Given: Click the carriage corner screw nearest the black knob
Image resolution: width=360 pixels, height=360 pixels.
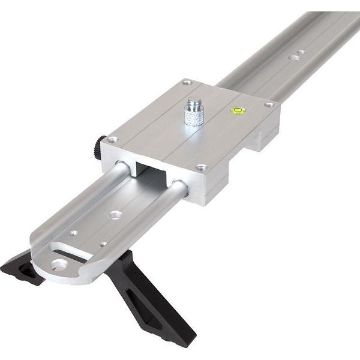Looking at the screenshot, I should pyautogui.click(x=112, y=140).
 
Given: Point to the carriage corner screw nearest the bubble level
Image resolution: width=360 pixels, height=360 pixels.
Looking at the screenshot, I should pyautogui.click(x=269, y=104).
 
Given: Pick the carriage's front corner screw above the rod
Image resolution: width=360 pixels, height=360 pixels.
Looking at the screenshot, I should pyautogui.click(x=201, y=167).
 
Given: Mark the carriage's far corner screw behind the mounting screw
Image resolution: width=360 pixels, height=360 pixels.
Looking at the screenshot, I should pyautogui.click(x=187, y=82).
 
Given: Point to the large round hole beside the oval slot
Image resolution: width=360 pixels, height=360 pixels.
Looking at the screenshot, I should pyautogui.click(x=59, y=263).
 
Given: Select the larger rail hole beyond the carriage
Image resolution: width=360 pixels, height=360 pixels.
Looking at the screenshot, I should pyautogui.click(x=293, y=58).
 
